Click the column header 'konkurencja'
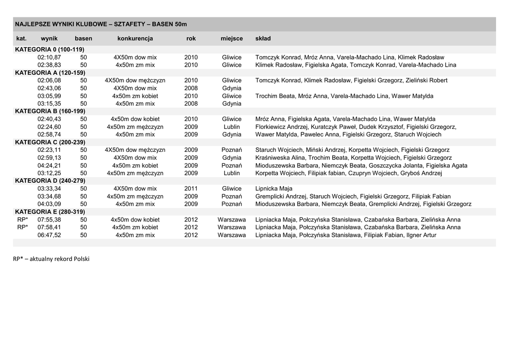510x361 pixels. tap(135, 38)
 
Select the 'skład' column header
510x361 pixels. tap(263, 38)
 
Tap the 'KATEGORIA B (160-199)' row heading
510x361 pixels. tap(50, 111)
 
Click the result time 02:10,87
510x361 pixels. tap(49, 57)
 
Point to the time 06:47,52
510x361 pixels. tap(49, 235)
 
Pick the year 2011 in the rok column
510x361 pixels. tap(191, 189)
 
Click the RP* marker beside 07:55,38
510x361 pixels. tap(22, 220)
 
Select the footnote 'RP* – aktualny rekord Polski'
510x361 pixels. tap(51, 258)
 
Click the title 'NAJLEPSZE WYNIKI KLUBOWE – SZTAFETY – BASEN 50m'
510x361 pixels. tap(101, 24)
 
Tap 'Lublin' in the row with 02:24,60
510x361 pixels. tap(232, 127)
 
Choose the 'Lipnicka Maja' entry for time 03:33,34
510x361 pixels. tap(274, 189)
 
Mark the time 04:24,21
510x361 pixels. tap(49, 165)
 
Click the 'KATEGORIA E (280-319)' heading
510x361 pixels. tap(50, 212)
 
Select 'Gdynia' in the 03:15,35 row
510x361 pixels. tap(232, 104)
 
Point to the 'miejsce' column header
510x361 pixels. tap(232, 38)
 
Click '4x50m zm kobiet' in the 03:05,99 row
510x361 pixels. tap(135, 96)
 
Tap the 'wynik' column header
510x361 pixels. tap(49, 38)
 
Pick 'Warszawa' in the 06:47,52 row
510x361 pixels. tap(232, 235)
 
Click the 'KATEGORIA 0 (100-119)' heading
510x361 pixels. tap(50, 49)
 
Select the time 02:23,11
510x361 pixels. tap(49, 150)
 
